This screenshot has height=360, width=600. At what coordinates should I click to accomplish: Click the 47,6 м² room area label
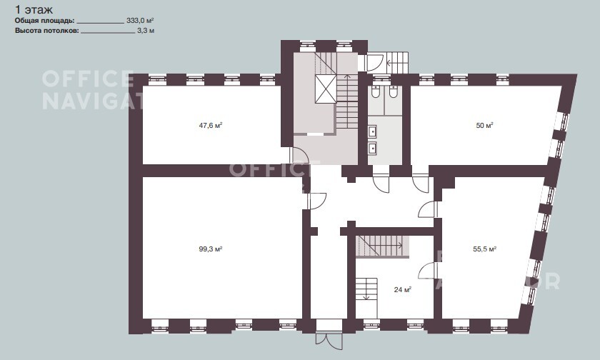[211, 125]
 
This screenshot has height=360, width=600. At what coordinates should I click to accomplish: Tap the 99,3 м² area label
[211, 249]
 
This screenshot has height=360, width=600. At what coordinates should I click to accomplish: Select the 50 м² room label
[484, 125]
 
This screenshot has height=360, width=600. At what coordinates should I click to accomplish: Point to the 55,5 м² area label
[485, 249]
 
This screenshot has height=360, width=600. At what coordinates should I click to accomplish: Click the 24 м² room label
[403, 289]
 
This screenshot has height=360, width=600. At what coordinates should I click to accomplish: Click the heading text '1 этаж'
[34, 9]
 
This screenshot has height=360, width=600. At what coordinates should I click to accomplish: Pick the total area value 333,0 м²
[140, 21]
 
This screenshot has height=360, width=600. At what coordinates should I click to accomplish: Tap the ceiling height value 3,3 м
[146, 31]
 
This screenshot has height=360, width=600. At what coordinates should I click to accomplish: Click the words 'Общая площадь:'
[44, 21]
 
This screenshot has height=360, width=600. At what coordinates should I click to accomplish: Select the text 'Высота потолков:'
[47, 31]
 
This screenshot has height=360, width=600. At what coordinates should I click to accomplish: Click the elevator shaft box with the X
[326, 89]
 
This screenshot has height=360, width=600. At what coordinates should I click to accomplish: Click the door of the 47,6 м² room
[299, 156]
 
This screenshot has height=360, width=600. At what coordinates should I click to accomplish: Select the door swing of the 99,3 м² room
[317, 201]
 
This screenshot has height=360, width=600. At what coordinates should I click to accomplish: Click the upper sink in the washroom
[372, 131]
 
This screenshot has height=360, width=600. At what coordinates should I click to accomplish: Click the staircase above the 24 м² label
[379, 246]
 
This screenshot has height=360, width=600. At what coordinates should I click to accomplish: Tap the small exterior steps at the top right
[398, 62]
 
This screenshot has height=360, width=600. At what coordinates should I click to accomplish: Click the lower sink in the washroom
[372, 148]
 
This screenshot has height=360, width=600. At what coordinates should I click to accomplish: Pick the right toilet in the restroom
[393, 92]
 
